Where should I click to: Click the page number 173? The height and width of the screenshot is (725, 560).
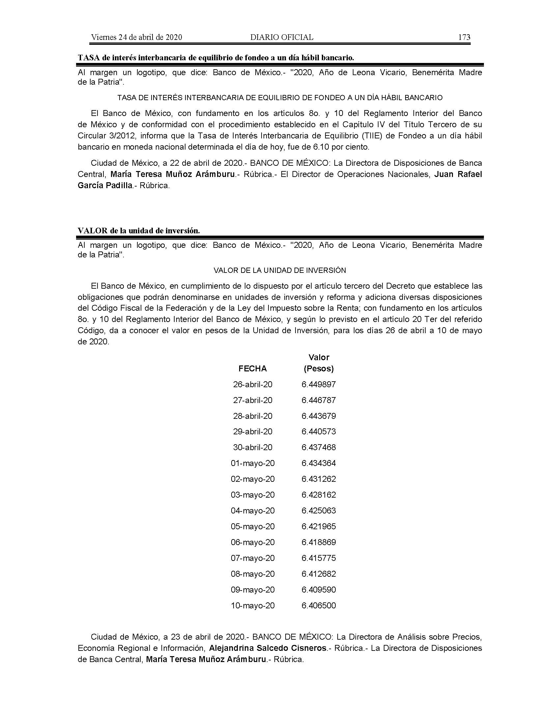pos(464,37)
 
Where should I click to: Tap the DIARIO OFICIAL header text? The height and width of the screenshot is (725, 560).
pos(282,37)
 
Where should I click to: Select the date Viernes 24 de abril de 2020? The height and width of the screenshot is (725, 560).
pos(136,37)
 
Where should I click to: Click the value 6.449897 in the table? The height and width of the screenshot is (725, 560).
pos(319,384)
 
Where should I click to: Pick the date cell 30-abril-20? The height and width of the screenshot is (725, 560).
pos(252,447)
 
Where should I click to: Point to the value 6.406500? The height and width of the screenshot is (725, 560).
pos(319,605)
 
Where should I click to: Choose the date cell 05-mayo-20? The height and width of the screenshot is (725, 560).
pos(252,527)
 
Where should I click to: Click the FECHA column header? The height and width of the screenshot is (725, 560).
pos(252,368)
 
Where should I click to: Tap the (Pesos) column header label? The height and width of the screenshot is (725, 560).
pos(319,368)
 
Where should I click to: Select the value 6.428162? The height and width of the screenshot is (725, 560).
pos(319,495)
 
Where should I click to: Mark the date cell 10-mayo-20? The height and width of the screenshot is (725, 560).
pos(252,605)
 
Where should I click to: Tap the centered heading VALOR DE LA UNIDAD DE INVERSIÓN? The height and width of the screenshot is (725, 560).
pos(280,271)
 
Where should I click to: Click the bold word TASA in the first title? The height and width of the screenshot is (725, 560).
pos(88,58)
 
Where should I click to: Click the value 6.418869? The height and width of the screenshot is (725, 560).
pos(319,542)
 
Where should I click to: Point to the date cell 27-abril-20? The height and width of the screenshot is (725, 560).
pos(252,400)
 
